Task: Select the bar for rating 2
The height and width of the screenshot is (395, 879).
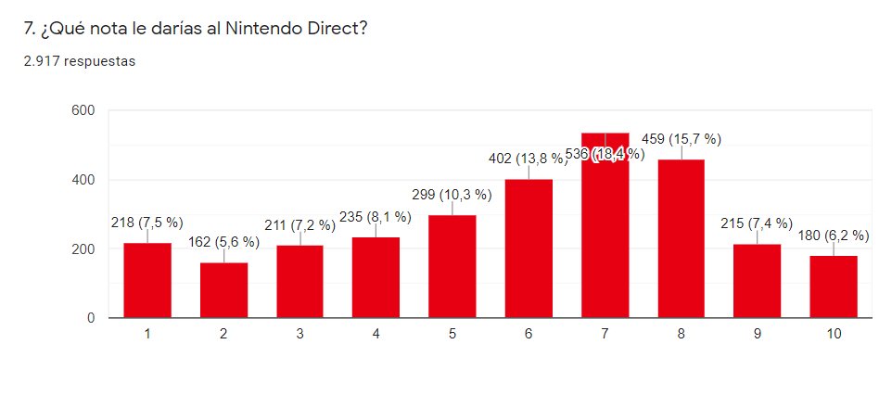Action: click(x=223, y=291)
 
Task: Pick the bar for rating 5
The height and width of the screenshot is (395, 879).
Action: click(x=452, y=267)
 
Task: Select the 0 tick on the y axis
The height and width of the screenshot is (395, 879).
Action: click(x=91, y=318)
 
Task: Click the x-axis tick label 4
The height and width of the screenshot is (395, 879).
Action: click(x=376, y=335)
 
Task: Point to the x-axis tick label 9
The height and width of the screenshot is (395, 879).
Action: click(x=758, y=335)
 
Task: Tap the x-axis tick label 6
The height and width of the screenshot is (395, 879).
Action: click(x=529, y=335)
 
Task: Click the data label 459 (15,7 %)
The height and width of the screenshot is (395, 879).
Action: click(x=681, y=139)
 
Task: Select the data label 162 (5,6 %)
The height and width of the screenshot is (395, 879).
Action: click(x=223, y=243)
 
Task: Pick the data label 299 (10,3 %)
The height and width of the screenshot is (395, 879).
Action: click(x=452, y=195)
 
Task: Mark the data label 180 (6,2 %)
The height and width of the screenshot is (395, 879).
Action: click(x=834, y=236)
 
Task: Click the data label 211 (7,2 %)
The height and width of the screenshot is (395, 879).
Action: click(x=299, y=225)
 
